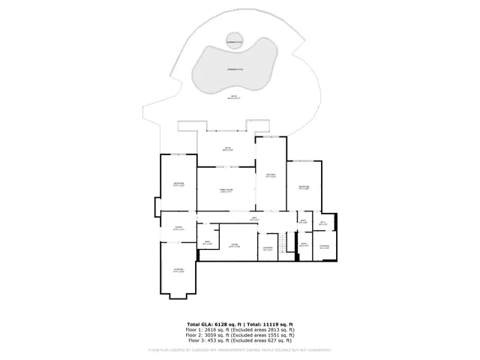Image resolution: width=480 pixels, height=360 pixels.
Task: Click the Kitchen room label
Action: [271, 176]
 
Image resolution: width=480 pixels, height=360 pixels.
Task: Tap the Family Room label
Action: [226, 191]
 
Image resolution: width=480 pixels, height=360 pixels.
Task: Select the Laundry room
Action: [268, 249]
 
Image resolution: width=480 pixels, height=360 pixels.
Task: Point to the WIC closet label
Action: [322, 223]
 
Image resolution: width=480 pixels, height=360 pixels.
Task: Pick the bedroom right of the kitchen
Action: [304, 187]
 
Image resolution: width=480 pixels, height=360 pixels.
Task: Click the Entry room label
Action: [178, 229]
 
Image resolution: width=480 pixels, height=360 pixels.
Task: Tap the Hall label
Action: [254, 219]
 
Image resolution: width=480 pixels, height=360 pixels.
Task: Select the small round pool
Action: [236, 43]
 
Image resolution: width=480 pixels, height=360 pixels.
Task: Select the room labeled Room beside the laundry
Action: [234, 245]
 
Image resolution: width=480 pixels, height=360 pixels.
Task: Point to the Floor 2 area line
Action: [240, 334]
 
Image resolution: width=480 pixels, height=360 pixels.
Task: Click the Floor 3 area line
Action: [240, 340]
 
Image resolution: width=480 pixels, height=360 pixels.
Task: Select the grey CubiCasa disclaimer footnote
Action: [240, 349]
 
